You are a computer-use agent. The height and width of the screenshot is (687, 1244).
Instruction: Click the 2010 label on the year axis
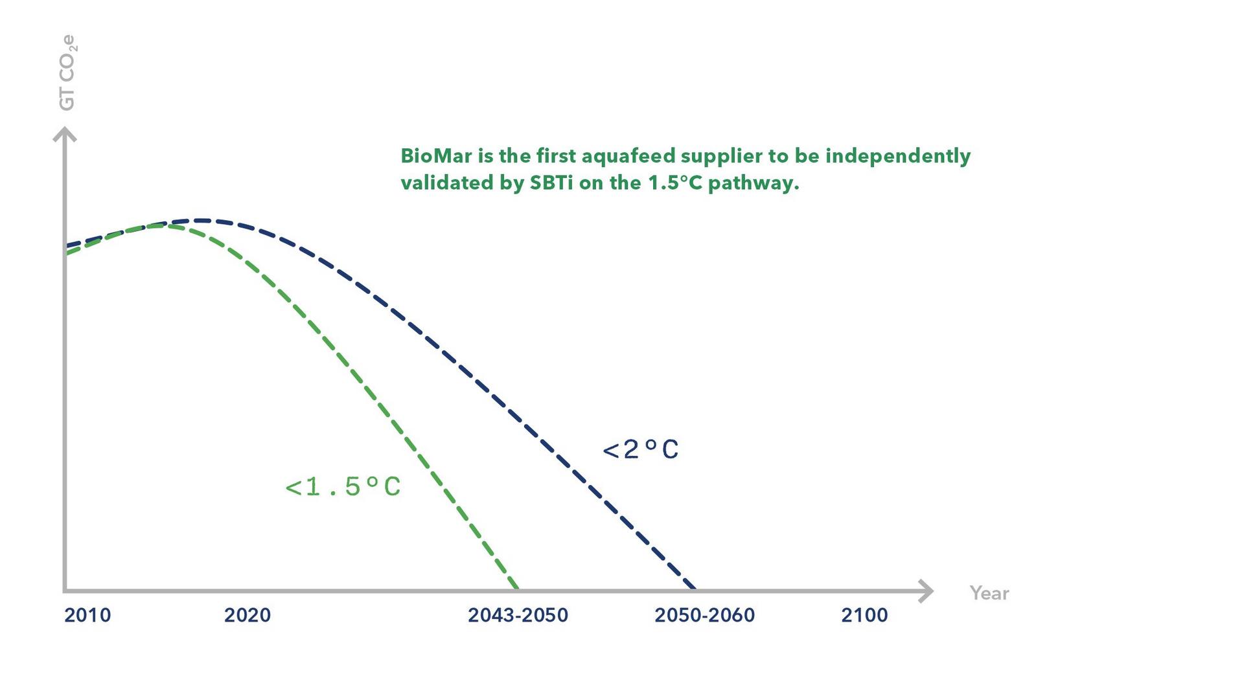pyautogui.click(x=87, y=615)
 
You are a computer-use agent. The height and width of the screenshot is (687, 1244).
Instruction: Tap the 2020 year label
pyautogui.click(x=248, y=615)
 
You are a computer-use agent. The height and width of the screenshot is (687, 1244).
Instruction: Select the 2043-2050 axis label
pyautogui.click(x=518, y=615)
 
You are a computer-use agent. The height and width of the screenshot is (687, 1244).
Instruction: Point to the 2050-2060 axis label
pyautogui.click(x=704, y=615)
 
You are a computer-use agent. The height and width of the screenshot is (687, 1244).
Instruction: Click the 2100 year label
pyautogui.click(x=864, y=615)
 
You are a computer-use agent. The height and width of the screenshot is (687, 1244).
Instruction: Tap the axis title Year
pyautogui.click(x=989, y=593)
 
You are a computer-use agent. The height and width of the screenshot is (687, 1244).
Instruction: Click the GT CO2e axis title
pyautogui.click(x=67, y=73)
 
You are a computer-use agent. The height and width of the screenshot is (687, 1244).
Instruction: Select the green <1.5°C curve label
pyautogui.click(x=343, y=487)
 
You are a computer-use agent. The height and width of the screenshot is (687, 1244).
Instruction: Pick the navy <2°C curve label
pyautogui.click(x=641, y=449)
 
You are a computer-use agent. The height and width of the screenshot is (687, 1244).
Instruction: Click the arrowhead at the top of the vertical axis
pyautogui.click(x=64, y=134)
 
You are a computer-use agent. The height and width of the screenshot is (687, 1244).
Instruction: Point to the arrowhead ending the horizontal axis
pyautogui.click(x=927, y=591)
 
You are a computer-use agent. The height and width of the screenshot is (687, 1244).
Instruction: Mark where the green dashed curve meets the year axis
pyautogui.click(x=518, y=589)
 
